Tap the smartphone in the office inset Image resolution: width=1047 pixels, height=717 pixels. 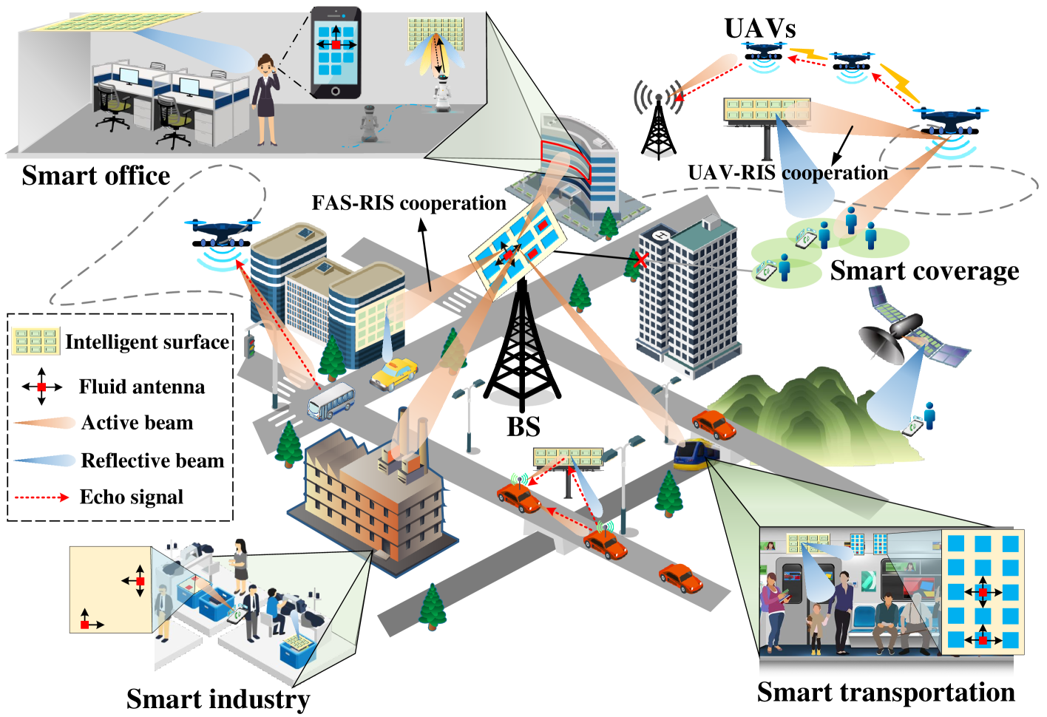[x=336, y=52]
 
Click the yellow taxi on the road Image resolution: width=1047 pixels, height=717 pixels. [x=393, y=373]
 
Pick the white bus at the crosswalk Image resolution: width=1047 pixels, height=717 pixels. [x=331, y=401]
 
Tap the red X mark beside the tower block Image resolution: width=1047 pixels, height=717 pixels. [x=640, y=260]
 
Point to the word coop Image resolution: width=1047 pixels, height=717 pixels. [x=802, y=174]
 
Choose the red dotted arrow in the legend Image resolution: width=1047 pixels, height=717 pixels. [x=42, y=497]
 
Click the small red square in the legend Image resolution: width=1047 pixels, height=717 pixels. [x=41, y=387]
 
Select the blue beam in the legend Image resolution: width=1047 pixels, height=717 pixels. [x=44, y=461]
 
